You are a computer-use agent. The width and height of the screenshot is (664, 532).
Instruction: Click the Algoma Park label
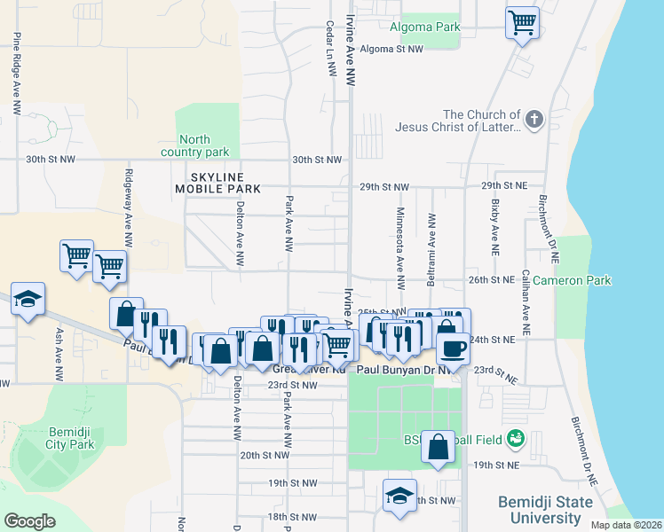pyautogui.click(x=431, y=27)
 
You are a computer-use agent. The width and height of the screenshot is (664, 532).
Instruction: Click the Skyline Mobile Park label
pyautogui.click(x=217, y=183)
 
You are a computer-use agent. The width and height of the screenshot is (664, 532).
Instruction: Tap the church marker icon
pyautogui.click(x=534, y=119)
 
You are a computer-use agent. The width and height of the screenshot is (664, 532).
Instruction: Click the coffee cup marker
pyautogui.click(x=453, y=347)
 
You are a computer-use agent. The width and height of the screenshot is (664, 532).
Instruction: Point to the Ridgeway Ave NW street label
pyautogui.click(x=129, y=208)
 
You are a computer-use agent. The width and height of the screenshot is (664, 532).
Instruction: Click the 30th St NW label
pyautogui.click(x=317, y=160)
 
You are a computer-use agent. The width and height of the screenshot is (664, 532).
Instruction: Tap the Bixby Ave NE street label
pyautogui.click(x=494, y=221)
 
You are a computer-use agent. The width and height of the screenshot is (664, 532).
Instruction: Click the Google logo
pyautogui.click(x=29, y=521)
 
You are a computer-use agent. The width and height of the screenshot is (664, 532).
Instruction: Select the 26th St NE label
pyautogui.click(x=491, y=279)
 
